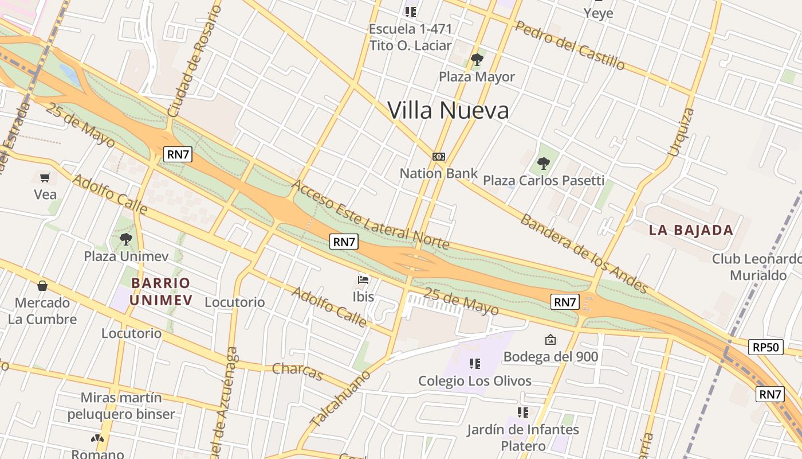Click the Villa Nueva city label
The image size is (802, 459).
tap(448, 110)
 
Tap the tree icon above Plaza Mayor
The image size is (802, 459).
tap(477, 59)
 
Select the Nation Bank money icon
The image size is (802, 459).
tap(439, 157)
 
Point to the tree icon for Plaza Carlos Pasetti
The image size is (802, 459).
tap(543, 164)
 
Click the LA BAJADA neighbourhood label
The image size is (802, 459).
tap(691, 231)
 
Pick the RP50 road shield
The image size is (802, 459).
tap(765, 347)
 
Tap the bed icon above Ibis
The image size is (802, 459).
tap(363, 279)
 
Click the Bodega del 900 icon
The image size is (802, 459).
tap(551, 340)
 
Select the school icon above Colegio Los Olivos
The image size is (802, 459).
tap(474, 363)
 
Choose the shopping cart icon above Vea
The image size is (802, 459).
tap(45, 177)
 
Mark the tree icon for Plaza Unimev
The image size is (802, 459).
tap(126, 239)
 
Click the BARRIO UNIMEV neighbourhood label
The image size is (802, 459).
tap(160, 291)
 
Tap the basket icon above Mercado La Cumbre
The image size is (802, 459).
tap(42, 285)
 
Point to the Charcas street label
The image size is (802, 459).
tap(298, 371)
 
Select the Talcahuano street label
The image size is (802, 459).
tap(341, 398)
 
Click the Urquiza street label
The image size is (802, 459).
tap(681, 132)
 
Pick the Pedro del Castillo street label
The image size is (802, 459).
tap(569, 45)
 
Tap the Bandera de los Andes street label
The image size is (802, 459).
tap(584, 254)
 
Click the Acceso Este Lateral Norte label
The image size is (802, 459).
tap(371, 215)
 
